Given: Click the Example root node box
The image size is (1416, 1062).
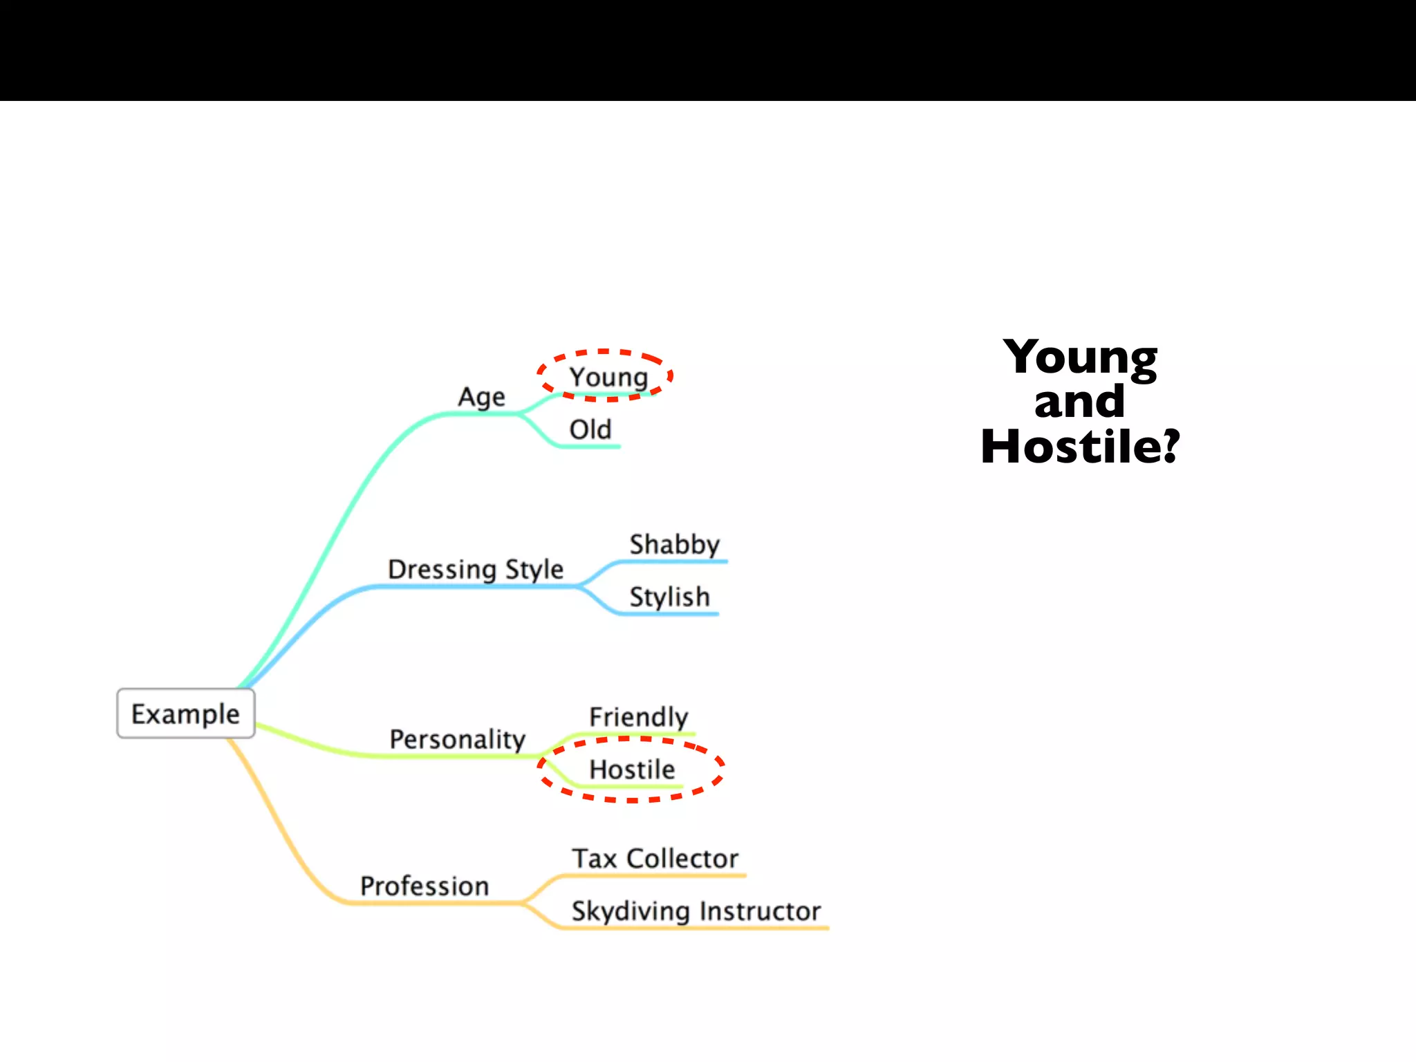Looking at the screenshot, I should pyautogui.click(x=185, y=714).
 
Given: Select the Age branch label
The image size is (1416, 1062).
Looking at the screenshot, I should pyautogui.click(x=481, y=398).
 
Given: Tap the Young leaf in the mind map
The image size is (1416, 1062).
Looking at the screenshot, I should pyautogui.click(x=608, y=378).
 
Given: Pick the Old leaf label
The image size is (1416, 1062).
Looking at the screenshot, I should pyautogui.click(x=590, y=429).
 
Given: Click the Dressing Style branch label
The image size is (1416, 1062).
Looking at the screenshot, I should pyautogui.click(x=476, y=570).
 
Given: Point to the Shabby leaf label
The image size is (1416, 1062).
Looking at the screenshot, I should pyautogui.click(x=675, y=545).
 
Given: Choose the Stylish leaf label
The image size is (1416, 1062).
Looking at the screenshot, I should pyautogui.click(x=669, y=597).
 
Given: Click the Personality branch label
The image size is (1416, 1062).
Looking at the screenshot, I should pyautogui.click(x=458, y=740).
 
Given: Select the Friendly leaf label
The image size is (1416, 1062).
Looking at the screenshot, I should pyautogui.click(x=639, y=717).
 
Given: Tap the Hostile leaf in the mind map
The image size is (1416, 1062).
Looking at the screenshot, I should pyautogui.click(x=632, y=770).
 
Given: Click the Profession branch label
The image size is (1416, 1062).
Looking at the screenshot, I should pyautogui.click(x=425, y=886).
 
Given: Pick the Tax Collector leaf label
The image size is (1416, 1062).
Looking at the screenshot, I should pyautogui.click(x=655, y=859).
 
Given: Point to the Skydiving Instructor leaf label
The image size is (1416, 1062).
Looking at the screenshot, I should pyautogui.click(x=696, y=911).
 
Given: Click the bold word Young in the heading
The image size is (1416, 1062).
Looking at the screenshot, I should pyautogui.click(x=1080, y=358).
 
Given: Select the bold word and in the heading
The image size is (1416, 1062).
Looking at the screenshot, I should pyautogui.click(x=1080, y=402).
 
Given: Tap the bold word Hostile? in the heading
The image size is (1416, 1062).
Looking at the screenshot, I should pyautogui.click(x=1080, y=447).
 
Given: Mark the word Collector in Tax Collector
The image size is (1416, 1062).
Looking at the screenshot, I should pyautogui.click(x=682, y=859).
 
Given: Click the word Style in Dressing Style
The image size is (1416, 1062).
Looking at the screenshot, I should pyautogui.click(x=534, y=570).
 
